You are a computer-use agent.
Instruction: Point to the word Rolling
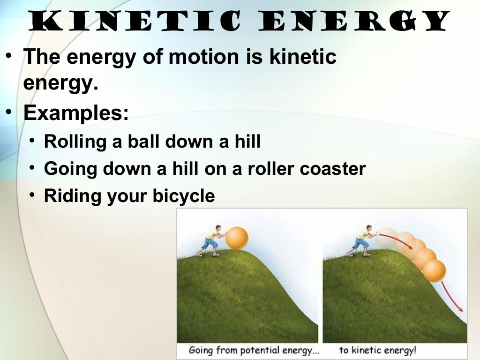click(75, 142)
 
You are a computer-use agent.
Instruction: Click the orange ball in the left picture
click(236, 238)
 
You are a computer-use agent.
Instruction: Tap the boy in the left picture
click(211, 240)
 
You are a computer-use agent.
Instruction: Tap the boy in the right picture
click(363, 240)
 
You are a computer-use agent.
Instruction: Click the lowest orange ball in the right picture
click(434, 270)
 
